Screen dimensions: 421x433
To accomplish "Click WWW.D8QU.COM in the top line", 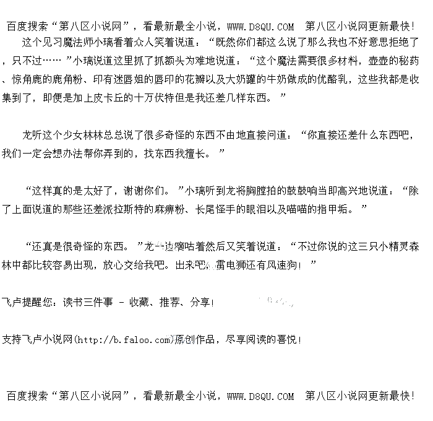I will [x=260, y=27].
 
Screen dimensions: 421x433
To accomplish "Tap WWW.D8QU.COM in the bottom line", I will [x=260, y=396].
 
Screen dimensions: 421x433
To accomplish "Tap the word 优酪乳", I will [x=315, y=80].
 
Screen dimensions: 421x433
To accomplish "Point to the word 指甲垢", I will [x=333, y=209].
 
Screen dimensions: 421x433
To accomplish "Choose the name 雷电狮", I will [x=229, y=264].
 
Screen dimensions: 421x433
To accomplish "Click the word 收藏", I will [x=139, y=303].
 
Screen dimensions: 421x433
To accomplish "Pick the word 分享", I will [x=200, y=303].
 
